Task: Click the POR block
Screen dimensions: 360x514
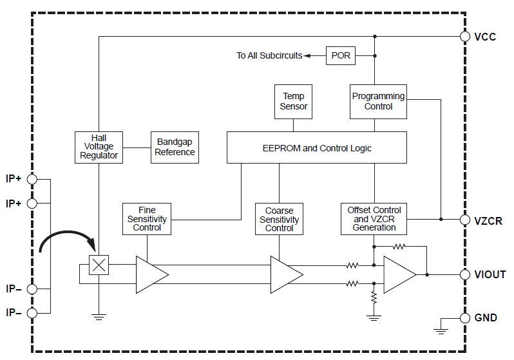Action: tap(341, 55)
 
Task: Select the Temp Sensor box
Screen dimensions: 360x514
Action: tap(293, 101)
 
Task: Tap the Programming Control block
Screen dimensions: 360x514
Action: tap(378, 101)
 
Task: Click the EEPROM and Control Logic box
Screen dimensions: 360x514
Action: tap(316, 147)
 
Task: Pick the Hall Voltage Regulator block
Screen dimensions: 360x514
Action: tap(99, 147)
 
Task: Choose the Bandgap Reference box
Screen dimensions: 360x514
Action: tap(175, 147)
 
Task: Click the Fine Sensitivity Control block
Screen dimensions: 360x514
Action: tap(147, 219)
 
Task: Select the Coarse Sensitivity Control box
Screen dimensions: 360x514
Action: tap(279, 219)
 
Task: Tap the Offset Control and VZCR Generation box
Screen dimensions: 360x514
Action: tap(374, 219)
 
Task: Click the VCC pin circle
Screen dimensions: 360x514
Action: tap(464, 37)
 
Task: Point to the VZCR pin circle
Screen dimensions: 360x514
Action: tap(464, 220)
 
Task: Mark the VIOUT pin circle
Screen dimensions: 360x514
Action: tap(464, 274)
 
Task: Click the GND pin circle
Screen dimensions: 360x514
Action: tap(464, 317)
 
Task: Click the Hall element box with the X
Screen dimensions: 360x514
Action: tap(99, 265)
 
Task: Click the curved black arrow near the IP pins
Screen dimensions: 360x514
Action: tap(64, 242)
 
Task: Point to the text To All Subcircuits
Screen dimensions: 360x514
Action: tap(269, 55)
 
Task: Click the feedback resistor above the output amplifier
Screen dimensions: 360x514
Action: tap(399, 246)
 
